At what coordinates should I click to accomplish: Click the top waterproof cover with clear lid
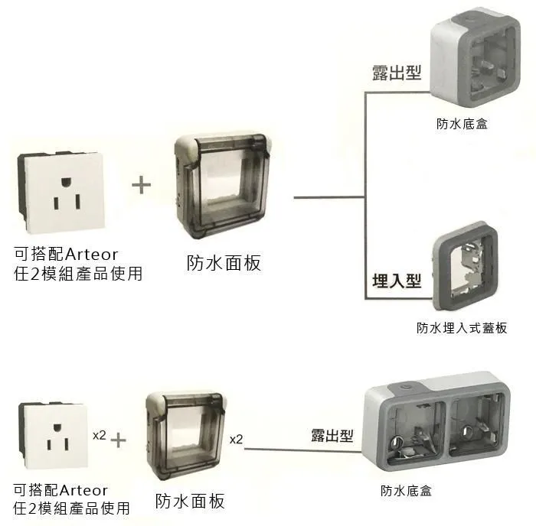click(x=222, y=187)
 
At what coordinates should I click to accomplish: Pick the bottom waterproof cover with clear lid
click(x=185, y=435)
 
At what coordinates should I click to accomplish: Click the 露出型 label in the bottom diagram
click(x=332, y=436)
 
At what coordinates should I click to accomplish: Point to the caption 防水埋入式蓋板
click(x=462, y=328)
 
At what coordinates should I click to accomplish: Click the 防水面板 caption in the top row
click(x=224, y=263)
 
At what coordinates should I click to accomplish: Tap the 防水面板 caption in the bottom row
click(x=190, y=502)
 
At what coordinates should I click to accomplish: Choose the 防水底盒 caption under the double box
click(x=407, y=491)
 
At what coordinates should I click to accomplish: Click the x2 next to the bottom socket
click(x=99, y=435)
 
